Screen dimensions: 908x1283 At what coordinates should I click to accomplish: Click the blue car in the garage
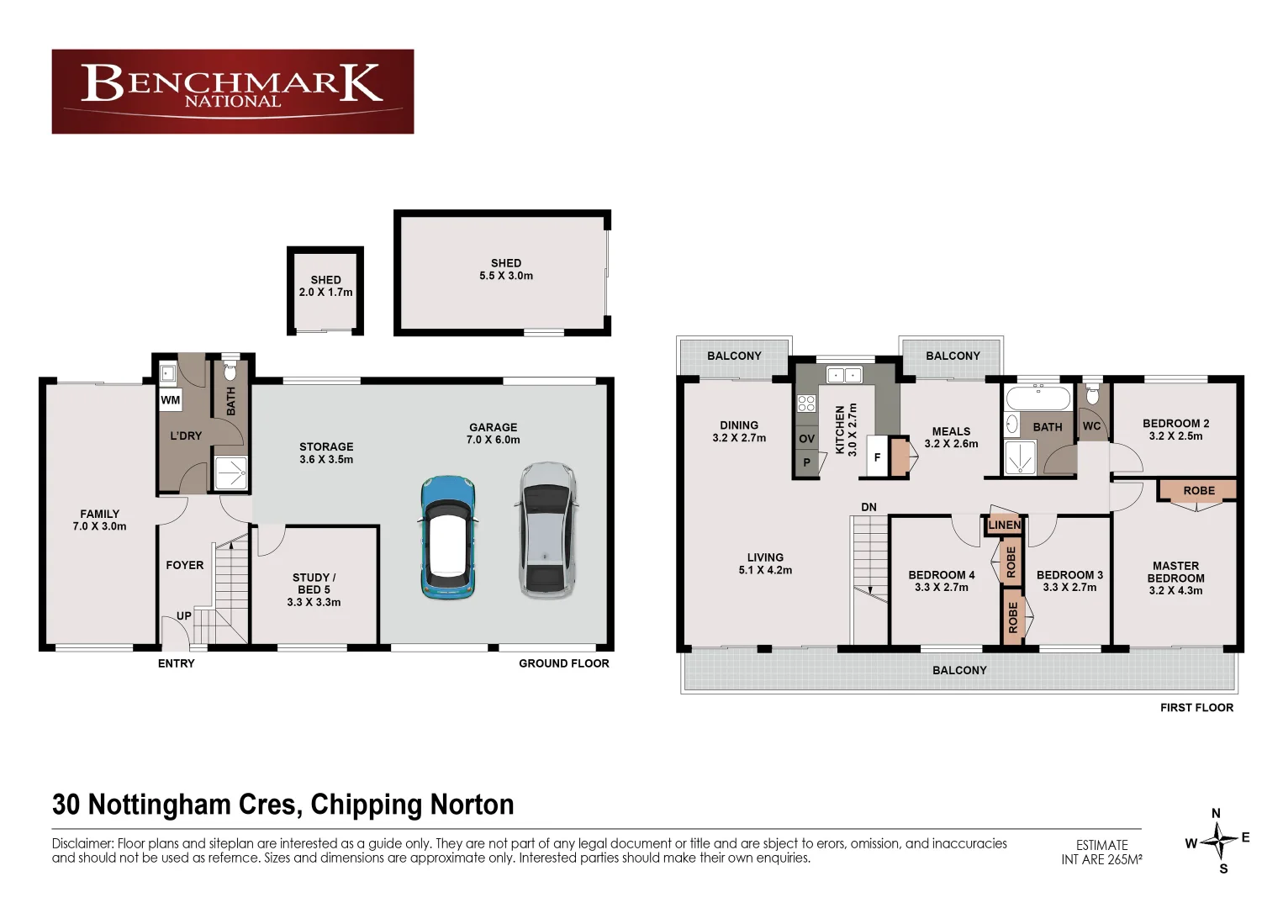click(449, 538)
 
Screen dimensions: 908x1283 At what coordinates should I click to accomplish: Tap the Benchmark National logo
click(233, 91)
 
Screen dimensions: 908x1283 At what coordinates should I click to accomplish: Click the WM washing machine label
click(171, 400)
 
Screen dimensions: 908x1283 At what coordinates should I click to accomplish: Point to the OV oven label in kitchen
click(806, 439)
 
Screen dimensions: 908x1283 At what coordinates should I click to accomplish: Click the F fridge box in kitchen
click(877, 458)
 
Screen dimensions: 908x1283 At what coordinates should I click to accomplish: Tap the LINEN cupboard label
click(1004, 525)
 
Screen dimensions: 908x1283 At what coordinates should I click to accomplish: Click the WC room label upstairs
click(1091, 426)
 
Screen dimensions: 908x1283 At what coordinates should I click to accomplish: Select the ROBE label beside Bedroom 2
click(1198, 491)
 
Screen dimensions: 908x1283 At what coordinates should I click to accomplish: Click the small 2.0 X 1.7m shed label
click(325, 287)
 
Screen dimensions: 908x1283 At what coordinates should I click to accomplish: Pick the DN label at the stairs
click(869, 507)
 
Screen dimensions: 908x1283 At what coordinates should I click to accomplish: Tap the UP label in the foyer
click(184, 616)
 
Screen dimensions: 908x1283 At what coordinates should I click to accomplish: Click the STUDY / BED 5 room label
click(314, 589)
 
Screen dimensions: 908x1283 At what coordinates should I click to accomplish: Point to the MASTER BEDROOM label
click(1175, 578)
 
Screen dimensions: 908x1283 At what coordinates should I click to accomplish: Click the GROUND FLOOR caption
click(563, 663)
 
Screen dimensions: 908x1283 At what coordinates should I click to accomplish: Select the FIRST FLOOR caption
click(1196, 708)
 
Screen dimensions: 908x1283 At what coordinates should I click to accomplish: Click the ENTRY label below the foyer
click(176, 663)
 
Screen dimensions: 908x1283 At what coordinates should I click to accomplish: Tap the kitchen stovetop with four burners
click(806, 403)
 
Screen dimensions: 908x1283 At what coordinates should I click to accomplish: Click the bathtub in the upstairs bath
click(1038, 398)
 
